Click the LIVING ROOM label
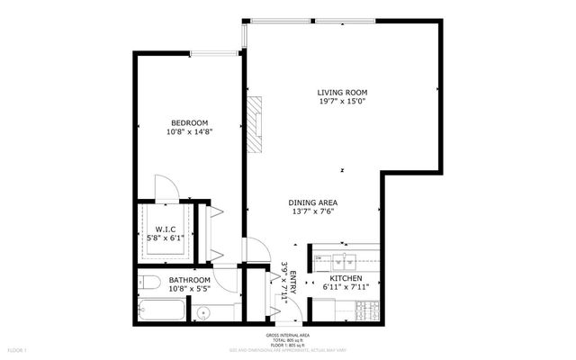pyautogui.click(x=343, y=92)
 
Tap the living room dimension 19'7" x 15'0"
pyautogui.click(x=343, y=102)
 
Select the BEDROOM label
pyautogui.click(x=190, y=122)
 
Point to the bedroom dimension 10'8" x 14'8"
pyautogui.click(x=190, y=132)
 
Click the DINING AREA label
pyautogui.click(x=312, y=202)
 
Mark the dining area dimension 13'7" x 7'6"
pyautogui.click(x=312, y=212)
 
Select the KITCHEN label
pyautogui.click(x=346, y=279)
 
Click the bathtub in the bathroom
pyautogui.click(x=162, y=311)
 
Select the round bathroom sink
pyautogui.click(x=202, y=313)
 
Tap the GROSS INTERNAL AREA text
pyautogui.click(x=287, y=334)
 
